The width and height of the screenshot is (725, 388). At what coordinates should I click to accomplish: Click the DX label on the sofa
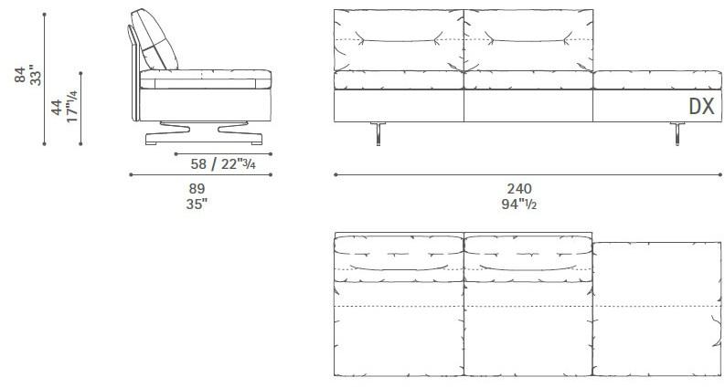coord(701,106)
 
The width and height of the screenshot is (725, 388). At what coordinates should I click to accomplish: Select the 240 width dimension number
coord(519,188)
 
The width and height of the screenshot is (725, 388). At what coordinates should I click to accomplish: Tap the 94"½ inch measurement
coord(518,204)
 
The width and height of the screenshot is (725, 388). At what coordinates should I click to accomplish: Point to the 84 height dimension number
coord(21,74)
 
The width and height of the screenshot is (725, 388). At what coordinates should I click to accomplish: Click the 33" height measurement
coord(35,75)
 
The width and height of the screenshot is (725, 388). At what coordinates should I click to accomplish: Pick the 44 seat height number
coord(57,108)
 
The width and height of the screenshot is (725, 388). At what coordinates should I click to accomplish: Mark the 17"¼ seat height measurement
coord(71,106)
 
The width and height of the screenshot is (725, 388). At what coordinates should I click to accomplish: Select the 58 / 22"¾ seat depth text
coord(223,163)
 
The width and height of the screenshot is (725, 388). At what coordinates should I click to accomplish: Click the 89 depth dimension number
coord(197,188)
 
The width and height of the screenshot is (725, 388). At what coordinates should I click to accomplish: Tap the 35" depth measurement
coord(197,204)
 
